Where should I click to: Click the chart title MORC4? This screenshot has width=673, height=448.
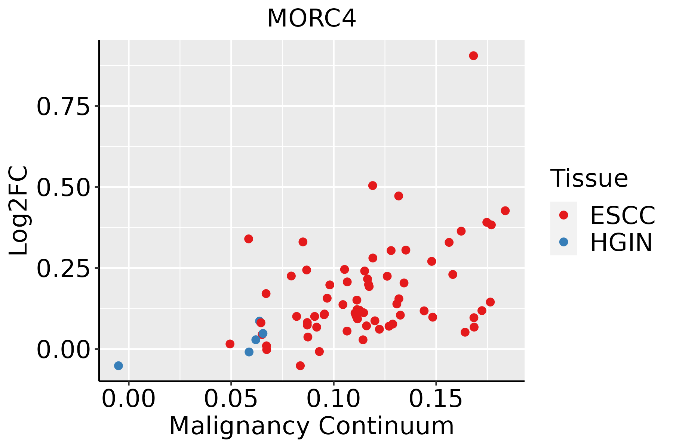pos(311,18)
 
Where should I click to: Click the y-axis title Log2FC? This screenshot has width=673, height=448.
pos(19,211)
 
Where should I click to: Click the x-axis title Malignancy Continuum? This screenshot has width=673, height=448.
pos(311,426)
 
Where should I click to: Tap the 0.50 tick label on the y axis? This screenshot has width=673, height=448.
pos(64,187)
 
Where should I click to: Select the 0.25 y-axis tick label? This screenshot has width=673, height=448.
pos(64,268)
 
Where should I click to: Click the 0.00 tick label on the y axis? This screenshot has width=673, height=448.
pos(64,350)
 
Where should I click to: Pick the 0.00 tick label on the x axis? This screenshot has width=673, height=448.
pos(129,399)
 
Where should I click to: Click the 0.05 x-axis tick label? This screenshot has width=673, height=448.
pos(231,399)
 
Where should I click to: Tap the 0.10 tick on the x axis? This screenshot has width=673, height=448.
pos(334,399)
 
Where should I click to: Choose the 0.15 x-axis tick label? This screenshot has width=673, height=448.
pos(436,399)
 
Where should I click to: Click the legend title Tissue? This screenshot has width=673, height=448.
pos(589,178)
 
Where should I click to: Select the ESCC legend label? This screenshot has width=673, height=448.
pos(623,215)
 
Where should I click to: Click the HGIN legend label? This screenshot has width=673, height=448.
pos(621,242)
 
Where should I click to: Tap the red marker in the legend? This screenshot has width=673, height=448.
pos(563,215)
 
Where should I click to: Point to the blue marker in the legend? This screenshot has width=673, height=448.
pos(563,242)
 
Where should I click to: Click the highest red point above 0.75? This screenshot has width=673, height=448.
pos(473,56)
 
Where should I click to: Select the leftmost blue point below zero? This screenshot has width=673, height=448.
pos(119,365)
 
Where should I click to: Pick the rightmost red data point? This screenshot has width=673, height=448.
pos(505,211)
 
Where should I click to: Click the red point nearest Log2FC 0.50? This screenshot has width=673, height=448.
pos(372,186)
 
